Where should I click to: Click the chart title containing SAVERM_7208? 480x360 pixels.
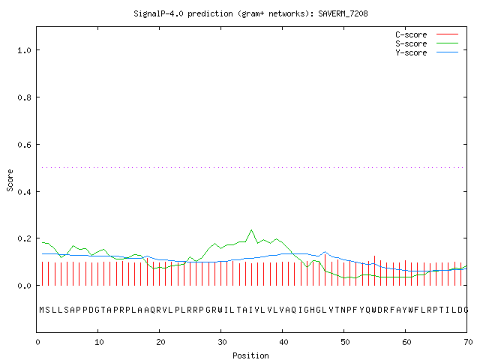pos(250,13)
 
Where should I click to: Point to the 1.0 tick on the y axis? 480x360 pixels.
pos(24,50)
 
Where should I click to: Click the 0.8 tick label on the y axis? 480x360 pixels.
pos(24,97)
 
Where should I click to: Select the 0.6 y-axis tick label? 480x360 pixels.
pos(24,145)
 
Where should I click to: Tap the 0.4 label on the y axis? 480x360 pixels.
pos(24,192)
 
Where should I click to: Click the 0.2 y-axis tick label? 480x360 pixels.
pos(24,238)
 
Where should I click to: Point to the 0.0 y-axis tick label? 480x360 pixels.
pos(24,286)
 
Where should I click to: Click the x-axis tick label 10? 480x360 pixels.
pos(99,342)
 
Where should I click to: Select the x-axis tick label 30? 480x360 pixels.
pos(222,342)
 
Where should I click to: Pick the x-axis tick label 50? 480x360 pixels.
pos(345,342)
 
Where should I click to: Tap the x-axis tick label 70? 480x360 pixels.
pos(468,342)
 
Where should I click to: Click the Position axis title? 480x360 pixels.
pos(250,355)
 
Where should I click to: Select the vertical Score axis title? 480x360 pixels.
pos(10,181)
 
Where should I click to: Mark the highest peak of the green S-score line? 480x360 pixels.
pos(252,230)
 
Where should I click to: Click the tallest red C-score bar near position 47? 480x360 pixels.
pos(325,270)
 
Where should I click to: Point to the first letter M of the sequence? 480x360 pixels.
pos(42,310)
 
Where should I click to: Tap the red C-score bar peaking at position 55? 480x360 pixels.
pos(374,271)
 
